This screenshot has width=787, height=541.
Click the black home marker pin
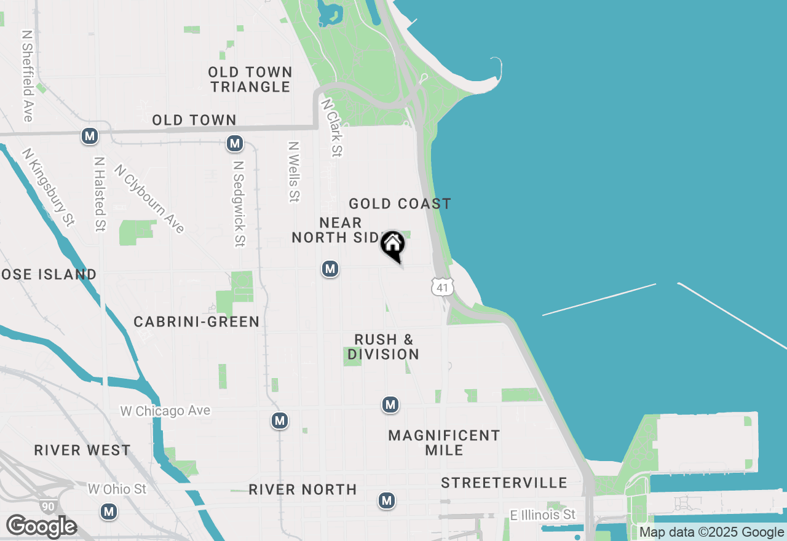(x=392, y=245)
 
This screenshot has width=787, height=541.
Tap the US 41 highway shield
(x=443, y=286)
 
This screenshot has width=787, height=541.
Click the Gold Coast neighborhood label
(x=400, y=203)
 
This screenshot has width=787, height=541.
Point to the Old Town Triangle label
(x=250, y=79)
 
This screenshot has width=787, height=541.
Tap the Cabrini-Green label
(x=197, y=322)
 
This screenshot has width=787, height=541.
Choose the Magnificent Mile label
(x=444, y=443)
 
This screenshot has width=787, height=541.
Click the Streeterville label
(x=504, y=483)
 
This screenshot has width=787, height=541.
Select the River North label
(x=303, y=489)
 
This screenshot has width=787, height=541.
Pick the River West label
(x=82, y=450)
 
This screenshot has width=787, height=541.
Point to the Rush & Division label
(x=384, y=347)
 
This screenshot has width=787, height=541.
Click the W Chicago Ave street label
(x=165, y=411)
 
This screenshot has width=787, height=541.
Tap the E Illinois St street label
(x=543, y=515)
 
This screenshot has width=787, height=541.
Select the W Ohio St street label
(x=117, y=489)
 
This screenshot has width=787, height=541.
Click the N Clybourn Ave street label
(x=149, y=198)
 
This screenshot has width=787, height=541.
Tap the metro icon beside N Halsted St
(x=90, y=136)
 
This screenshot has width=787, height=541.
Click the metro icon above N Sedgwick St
(x=234, y=143)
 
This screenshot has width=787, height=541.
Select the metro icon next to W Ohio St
(x=109, y=511)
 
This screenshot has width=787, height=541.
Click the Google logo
(x=41, y=527)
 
